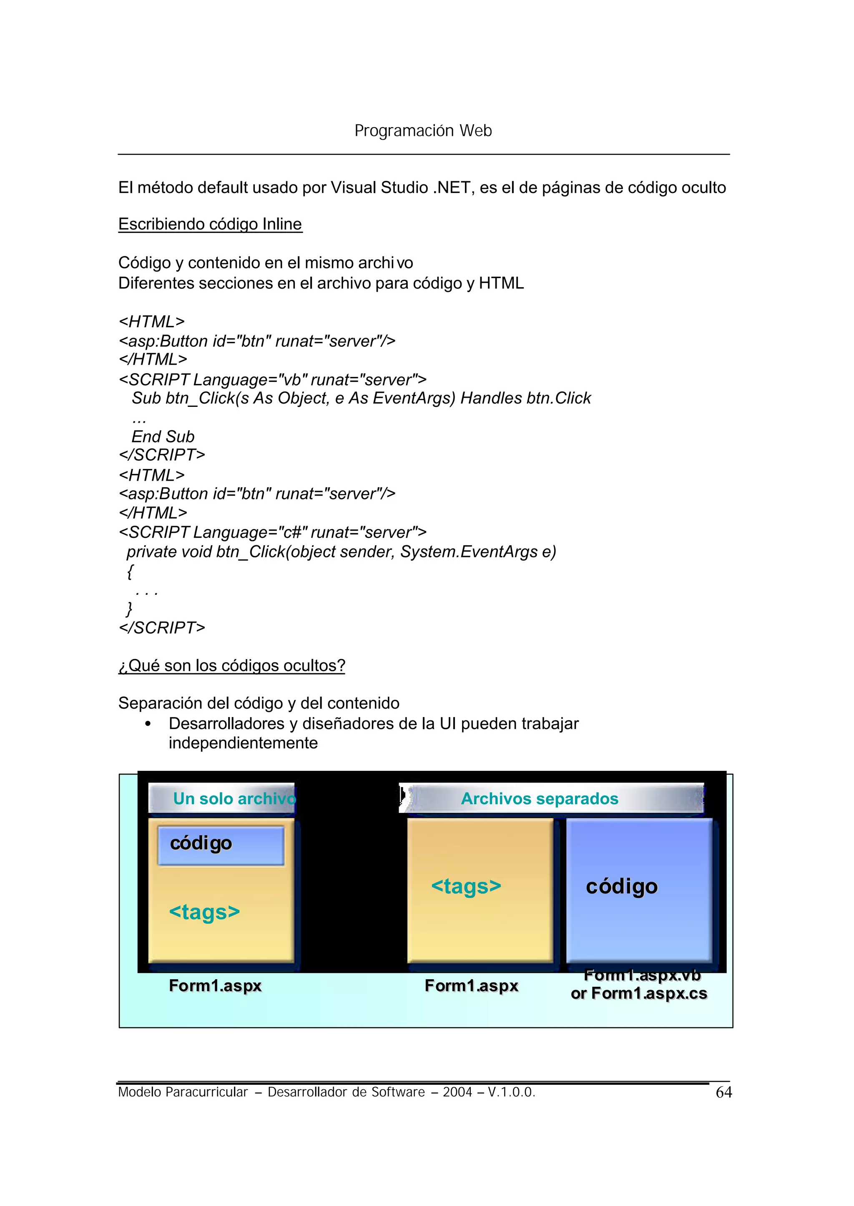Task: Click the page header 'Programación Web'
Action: (423, 130)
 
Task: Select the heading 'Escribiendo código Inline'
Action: (210, 224)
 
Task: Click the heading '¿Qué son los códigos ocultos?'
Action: (231, 666)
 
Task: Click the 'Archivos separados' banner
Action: (540, 799)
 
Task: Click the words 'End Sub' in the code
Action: (163, 436)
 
